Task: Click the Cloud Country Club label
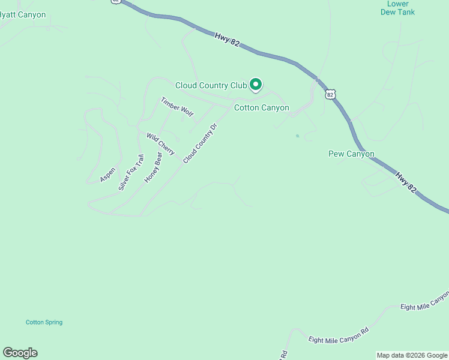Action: (211, 85)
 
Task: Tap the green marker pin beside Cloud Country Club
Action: (256, 85)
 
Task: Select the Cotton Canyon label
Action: (261, 108)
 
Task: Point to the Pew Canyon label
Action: (351, 154)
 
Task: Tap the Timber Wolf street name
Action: (177, 107)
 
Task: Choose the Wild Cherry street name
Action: (160, 144)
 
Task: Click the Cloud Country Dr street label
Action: (199, 143)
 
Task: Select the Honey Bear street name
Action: (154, 167)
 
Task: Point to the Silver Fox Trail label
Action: (131, 172)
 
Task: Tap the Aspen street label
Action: (108, 175)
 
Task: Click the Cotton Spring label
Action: (44, 322)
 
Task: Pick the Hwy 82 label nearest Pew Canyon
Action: (406, 182)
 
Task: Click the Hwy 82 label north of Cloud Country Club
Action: (227, 45)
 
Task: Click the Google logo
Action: (20, 353)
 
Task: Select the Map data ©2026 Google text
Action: (412, 355)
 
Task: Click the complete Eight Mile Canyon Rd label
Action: (339, 336)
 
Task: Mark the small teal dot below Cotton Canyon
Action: (297, 136)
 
